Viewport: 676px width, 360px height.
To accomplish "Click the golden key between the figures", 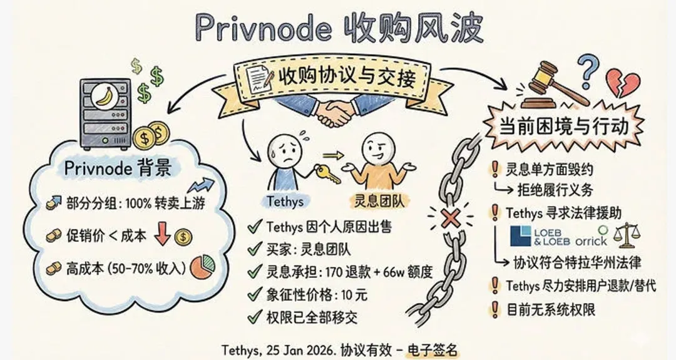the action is coord(329,175).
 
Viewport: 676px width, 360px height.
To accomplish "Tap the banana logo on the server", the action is coord(103,98).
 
